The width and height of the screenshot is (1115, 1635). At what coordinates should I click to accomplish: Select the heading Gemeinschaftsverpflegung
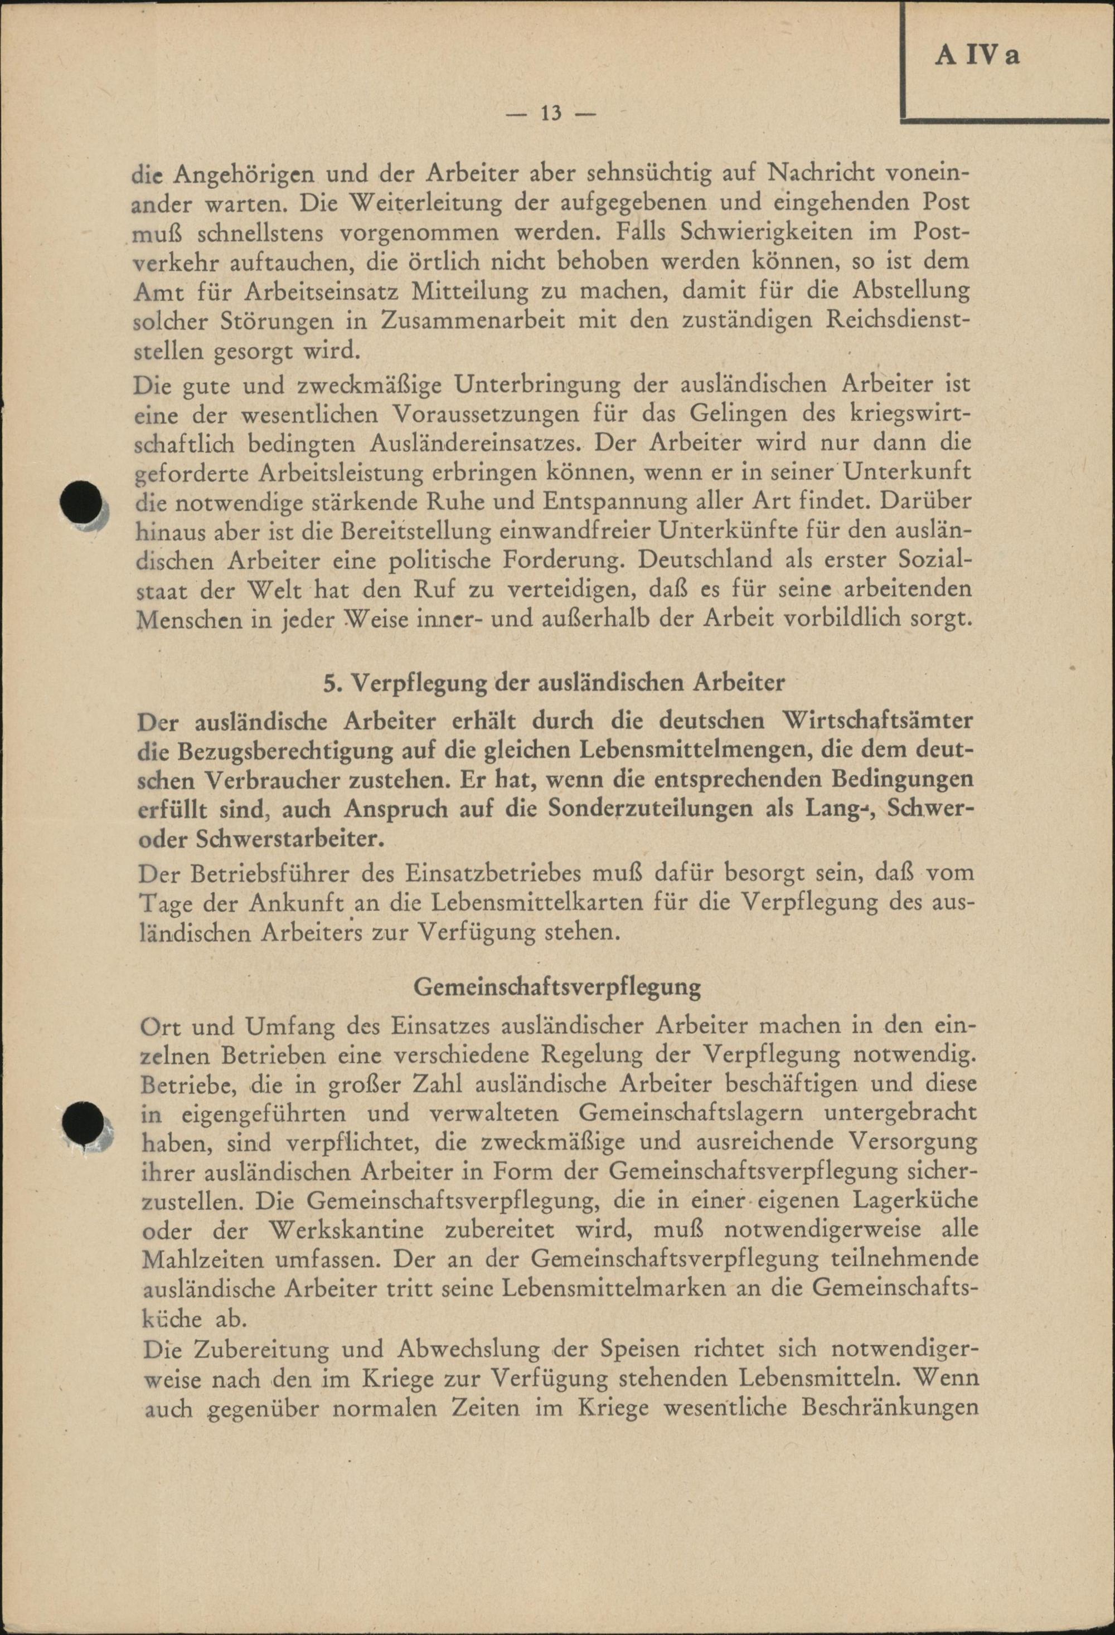[x=557, y=987]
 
